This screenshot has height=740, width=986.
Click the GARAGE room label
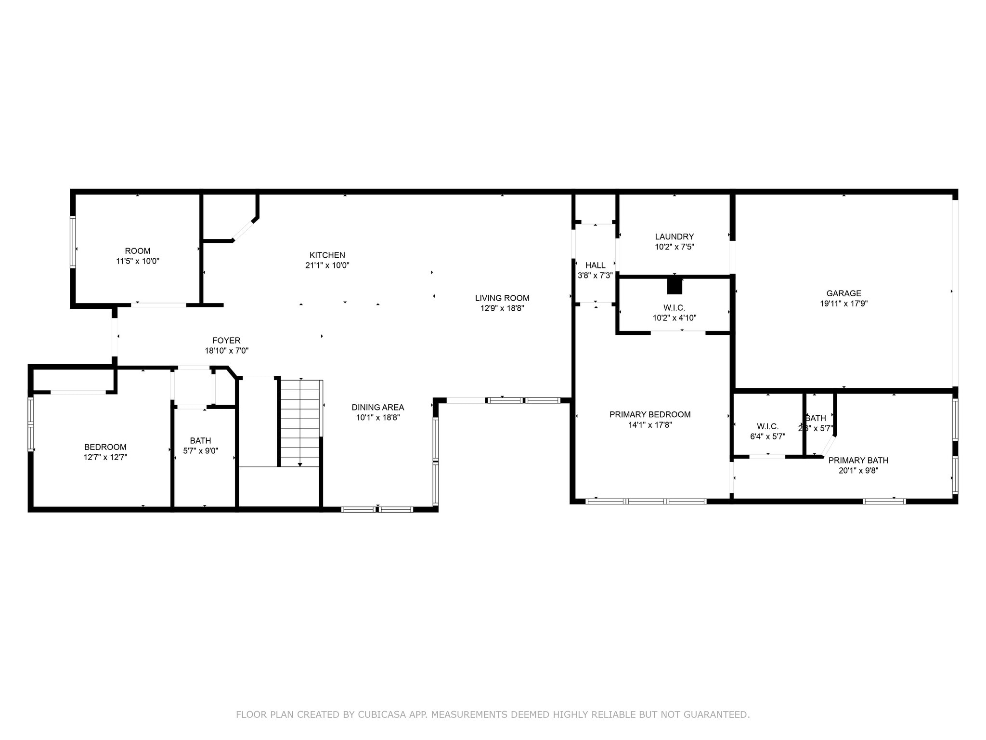(x=843, y=293)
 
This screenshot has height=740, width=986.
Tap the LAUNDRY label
(x=674, y=237)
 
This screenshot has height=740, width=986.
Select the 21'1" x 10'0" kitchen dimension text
(x=327, y=265)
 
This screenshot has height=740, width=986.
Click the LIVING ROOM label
(x=502, y=298)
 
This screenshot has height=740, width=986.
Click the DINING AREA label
(x=377, y=407)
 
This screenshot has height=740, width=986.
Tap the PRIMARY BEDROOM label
(x=649, y=414)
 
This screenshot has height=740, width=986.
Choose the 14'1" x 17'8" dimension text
(x=649, y=425)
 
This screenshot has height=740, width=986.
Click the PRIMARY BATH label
(x=858, y=460)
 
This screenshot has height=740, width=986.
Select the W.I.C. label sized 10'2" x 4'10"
(x=674, y=307)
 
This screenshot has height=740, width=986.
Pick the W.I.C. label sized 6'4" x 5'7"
(x=767, y=426)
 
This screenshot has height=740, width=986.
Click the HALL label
(x=595, y=265)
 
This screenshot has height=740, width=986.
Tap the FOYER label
(x=226, y=340)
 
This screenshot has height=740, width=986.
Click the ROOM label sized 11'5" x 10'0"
(x=137, y=251)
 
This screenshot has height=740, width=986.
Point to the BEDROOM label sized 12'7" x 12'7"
(x=105, y=447)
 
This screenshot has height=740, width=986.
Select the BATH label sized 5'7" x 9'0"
(x=200, y=440)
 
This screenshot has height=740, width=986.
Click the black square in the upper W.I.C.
(x=675, y=286)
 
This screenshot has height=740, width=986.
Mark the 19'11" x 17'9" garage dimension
(x=843, y=304)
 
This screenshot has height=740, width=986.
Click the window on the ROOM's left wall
(x=73, y=242)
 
